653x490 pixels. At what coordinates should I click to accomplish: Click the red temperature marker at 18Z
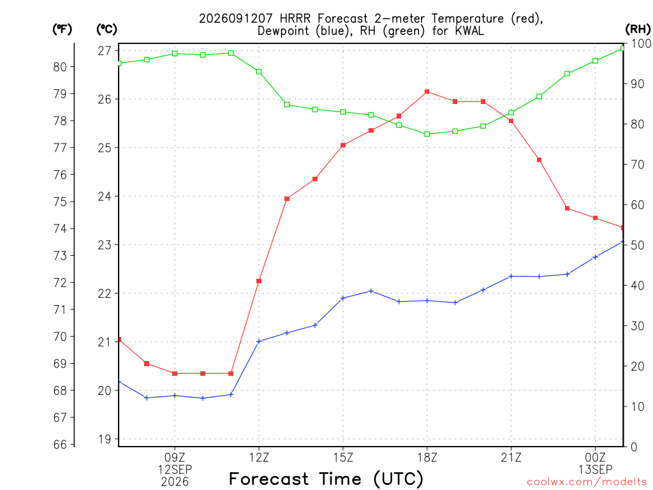[x=427, y=92]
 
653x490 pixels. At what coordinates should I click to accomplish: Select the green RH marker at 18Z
[x=427, y=134]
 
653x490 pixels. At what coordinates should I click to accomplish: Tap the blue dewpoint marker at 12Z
[x=259, y=341]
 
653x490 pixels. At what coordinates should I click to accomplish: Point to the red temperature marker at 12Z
[x=259, y=281]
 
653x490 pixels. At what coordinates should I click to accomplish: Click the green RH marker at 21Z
[x=511, y=112]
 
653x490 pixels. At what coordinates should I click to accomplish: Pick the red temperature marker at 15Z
[x=343, y=145]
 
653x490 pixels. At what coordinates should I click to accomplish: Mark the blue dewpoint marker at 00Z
[x=595, y=257]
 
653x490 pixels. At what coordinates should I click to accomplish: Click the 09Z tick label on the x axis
[x=175, y=457]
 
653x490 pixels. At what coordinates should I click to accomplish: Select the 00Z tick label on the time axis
[x=595, y=457]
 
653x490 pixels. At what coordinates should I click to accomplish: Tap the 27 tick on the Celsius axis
[x=105, y=51]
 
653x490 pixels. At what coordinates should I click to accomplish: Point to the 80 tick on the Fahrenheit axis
[x=60, y=66]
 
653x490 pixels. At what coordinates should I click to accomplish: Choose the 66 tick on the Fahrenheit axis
[x=60, y=444]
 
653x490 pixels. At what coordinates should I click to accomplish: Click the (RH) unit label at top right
[x=638, y=29]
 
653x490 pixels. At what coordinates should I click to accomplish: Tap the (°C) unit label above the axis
[x=107, y=29]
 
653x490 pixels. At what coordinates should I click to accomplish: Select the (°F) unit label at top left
[x=62, y=29]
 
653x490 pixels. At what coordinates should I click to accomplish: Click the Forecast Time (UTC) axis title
[x=326, y=479]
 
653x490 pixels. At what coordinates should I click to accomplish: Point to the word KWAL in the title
[x=467, y=31]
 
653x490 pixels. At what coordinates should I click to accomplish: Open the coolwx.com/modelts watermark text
[x=587, y=482]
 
